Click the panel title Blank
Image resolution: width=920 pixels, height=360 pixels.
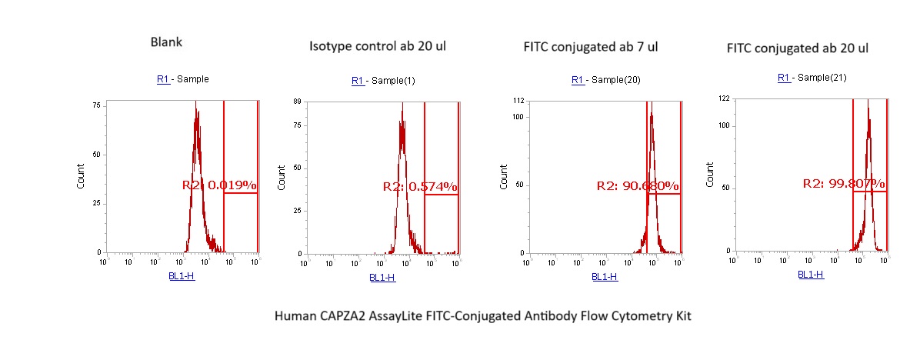(x=166, y=42)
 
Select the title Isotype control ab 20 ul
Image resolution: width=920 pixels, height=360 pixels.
(x=378, y=46)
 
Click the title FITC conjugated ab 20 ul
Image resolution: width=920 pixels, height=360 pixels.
(x=798, y=48)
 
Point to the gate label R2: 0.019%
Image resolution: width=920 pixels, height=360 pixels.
(x=219, y=185)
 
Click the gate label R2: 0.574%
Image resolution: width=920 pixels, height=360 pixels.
(x=420, y=187)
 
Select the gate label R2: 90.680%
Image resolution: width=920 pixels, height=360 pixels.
(x=638, y=186)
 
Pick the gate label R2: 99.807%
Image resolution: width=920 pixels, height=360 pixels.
(x=844, y=184)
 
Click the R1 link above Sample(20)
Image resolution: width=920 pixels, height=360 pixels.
(x=578, y=80)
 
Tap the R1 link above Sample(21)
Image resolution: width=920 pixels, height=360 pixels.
(x=784, y=78)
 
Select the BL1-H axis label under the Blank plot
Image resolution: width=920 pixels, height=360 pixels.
(x=182, y=275)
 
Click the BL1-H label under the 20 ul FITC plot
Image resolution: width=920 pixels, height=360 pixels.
(x=811, y=274)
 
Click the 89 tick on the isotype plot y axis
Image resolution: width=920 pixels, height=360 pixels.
(x=297, y=101)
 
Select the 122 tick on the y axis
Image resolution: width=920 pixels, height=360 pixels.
(x=724, y=99)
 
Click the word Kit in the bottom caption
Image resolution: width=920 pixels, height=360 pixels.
(x=682, y=316)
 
